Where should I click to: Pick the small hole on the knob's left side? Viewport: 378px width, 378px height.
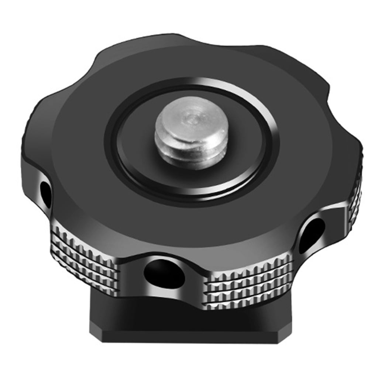pos(46,194)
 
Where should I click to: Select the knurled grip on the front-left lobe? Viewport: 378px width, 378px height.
pos(85,258)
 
